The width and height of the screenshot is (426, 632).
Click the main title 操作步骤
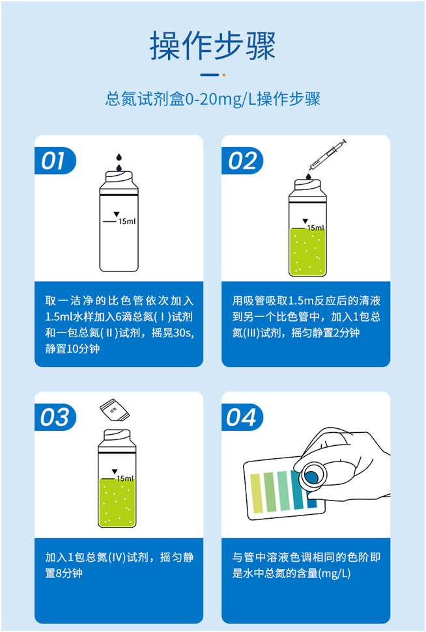coord(213,46)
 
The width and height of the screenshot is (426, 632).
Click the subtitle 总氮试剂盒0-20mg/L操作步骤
coord(213,100)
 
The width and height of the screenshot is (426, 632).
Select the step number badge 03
coord(55,417)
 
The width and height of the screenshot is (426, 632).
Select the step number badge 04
coord(242,417)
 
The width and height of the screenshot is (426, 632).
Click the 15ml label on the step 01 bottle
coord(126,222)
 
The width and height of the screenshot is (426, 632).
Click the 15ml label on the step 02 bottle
coord(315,228)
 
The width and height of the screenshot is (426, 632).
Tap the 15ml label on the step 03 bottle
coord(125,478)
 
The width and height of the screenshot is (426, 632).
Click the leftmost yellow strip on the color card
coord(255,493)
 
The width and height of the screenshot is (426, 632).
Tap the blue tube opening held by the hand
coord(311,477)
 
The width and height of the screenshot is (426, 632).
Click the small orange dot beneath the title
coord(224,75)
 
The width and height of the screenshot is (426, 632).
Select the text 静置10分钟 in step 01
coord(73,348)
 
